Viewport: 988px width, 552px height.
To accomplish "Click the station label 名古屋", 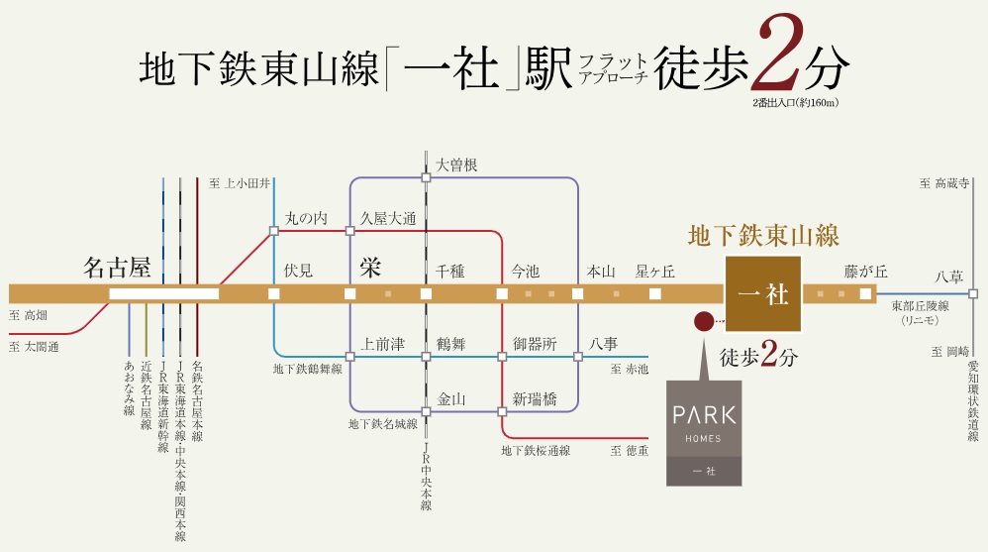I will [117, 268].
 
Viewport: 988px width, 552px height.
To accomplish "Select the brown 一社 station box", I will [763, 294].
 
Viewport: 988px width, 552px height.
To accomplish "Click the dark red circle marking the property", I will [703, 321].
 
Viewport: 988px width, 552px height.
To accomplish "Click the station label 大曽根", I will [456, 166].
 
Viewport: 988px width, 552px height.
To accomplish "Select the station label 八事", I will [604, 344].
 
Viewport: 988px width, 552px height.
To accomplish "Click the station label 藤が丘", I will [866, 271].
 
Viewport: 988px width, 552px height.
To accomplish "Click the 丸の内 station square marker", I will [273, 231].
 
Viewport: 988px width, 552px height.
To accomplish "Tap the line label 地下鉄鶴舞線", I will [308, 369].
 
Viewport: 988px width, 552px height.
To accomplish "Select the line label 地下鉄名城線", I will [382, 424].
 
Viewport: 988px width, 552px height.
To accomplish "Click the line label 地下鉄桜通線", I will [536, 451].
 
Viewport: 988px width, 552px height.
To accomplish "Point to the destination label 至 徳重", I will [630, 451].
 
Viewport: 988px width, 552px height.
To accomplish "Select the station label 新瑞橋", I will [535, 399].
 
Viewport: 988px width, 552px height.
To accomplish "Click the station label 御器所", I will [535, 344].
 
